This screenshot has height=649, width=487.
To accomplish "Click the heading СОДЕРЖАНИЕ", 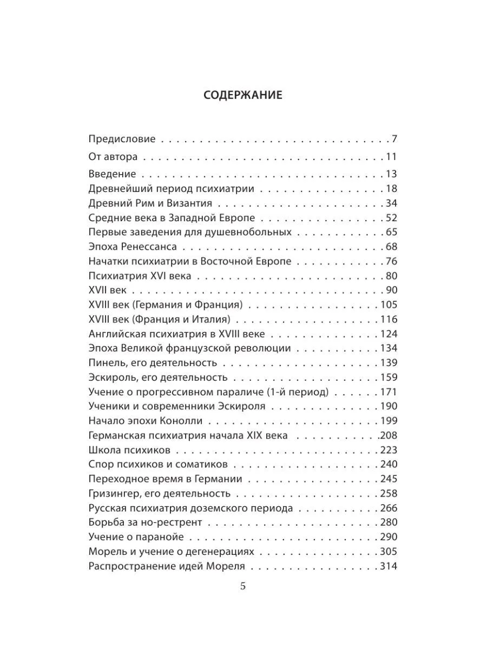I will (x=243, y=96).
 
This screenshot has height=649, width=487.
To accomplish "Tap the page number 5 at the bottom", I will (x=243, y=586).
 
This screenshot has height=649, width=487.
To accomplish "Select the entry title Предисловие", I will (x=122, y=139).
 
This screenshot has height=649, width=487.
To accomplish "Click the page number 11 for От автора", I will (x=392, y=157).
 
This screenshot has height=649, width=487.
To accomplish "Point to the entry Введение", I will (x=112, y=174).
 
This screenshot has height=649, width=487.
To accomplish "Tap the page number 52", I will (x=392, y=218).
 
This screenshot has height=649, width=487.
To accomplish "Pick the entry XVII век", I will (x=107, y=290).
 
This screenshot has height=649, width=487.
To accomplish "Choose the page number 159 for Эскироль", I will (x=389, y=378).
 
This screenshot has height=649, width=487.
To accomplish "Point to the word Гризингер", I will (x=113, y=494).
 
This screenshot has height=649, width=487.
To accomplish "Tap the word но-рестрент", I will (x=174, y=522).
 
